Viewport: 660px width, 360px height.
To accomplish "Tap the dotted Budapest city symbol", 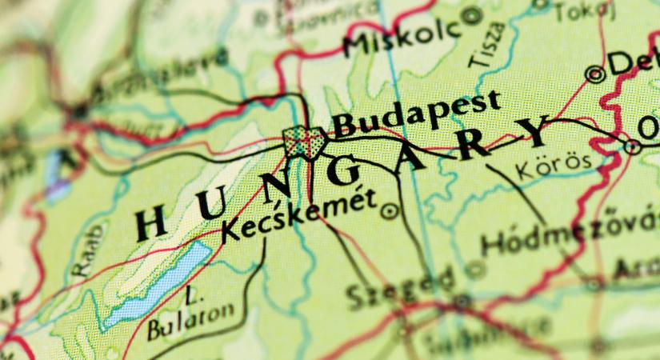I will [x=304, y=142].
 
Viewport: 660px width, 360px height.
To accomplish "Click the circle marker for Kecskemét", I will [x=390, y=211].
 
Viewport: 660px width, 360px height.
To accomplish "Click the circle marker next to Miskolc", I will [x=474, y=14].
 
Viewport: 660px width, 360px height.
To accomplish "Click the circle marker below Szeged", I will [x=462, y=302].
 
